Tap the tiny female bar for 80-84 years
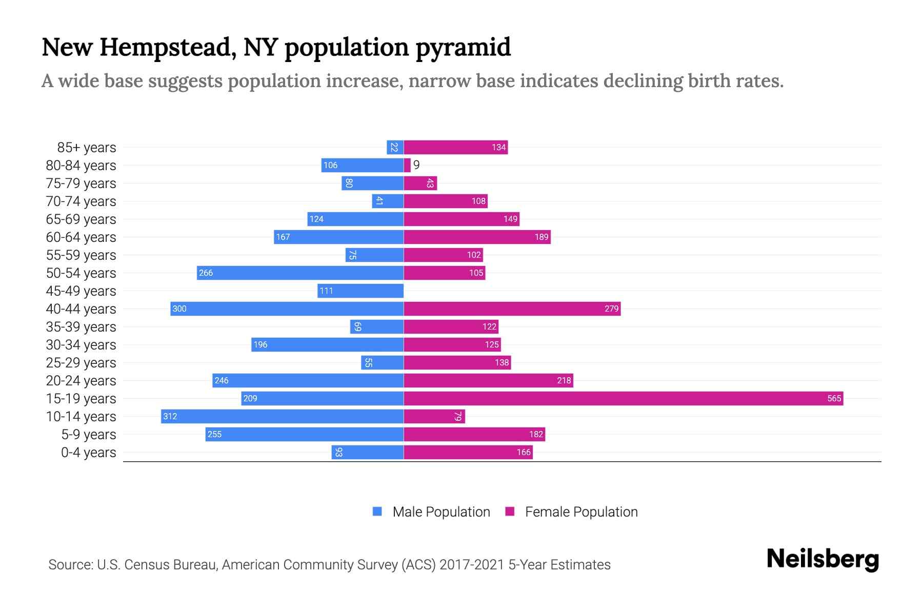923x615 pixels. pos(407,165)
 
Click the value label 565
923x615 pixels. pos(834,398)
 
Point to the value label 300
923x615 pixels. pos(179,309)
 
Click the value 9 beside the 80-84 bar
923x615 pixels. pos(416,165)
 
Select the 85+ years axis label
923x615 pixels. pos(87,148)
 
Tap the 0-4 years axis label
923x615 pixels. pos(88,453)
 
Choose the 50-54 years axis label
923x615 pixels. pos(81,273)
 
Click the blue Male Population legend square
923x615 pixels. pos(377,511)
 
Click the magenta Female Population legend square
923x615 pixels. pos(510,511)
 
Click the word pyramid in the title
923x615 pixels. pos(463,47)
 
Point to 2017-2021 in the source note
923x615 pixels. pos(472,565)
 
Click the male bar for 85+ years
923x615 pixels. pos(395,147)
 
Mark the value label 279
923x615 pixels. pos(611,309)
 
